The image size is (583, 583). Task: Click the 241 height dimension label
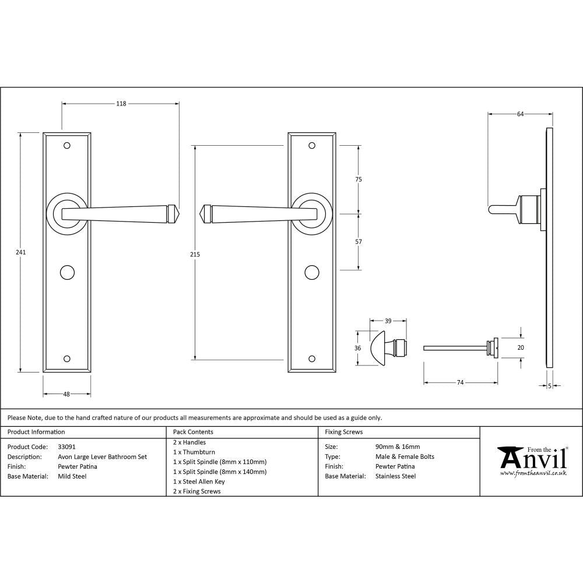point(22,252)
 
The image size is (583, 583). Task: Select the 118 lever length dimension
point(121,104)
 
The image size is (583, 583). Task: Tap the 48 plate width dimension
point(66,395)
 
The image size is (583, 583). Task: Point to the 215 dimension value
point(195,254)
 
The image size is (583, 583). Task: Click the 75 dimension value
point(359,180)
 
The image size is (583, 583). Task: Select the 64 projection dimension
point(520,114)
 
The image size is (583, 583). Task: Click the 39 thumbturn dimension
point(388,321)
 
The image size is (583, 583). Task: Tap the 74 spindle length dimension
point(460,382)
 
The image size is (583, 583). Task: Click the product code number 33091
point(67,447)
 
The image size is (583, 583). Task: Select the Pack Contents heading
point(193,432)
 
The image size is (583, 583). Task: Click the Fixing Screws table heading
point(343,432)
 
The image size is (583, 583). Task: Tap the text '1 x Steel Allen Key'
point(199,482)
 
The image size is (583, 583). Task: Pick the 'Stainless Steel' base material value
point(396,476)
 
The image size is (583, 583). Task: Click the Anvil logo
point(531,461)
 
